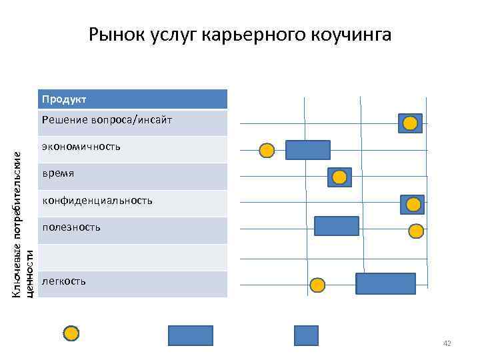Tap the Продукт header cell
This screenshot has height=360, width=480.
pyautogui.click(x=133, y=99)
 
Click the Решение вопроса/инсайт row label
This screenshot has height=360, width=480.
pyautogui.click(x=107, y=120)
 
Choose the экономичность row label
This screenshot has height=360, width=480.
pyautogui.click(x=81, y=146)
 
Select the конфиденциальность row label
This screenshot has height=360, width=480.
pyautogui.click(x=97, y=200)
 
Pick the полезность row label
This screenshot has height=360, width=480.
pyautogui.click(x=71, y=227)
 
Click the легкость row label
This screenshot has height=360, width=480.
pyautogui.click(x=63, y=281)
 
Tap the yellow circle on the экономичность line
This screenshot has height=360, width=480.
pyautogui.click(x=267, y=151)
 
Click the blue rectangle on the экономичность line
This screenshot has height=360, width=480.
pyautogui.click(x=307, y=150)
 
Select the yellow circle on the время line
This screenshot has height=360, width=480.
pyautogui.click(x=339, y=177)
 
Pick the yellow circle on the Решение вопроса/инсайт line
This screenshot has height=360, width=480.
pyautogui.click(x=411, y=123)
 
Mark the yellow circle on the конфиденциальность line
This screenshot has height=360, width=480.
pyautogui.click(x=413, y=205)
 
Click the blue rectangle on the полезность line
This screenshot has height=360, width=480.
pyautogui.click(x=336, y=226)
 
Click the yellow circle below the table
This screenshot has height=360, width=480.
pyautogui.click(x=71, y=333)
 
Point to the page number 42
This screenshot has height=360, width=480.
pyautogui.click(x=447, y=343)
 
